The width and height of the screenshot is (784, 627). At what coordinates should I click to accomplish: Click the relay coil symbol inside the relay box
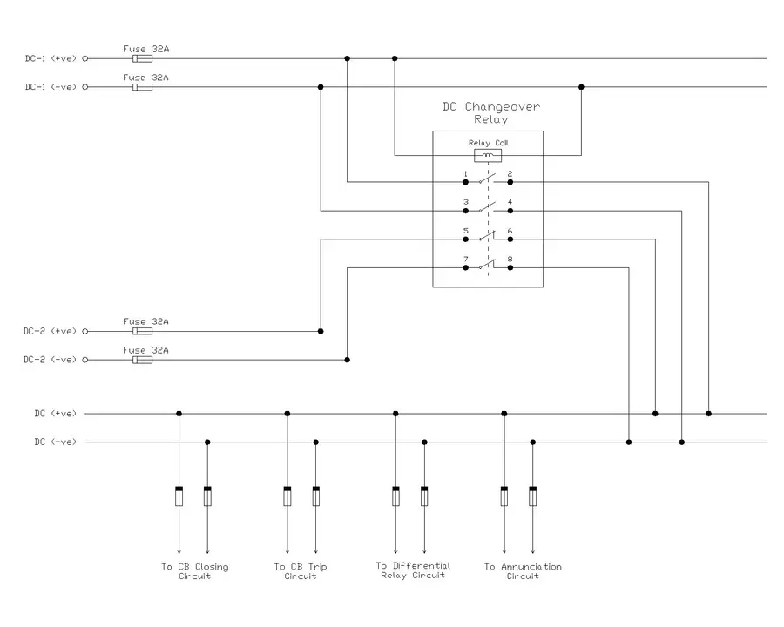(488, 156)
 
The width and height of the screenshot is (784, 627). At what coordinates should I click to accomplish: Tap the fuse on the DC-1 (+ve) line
(142, 58)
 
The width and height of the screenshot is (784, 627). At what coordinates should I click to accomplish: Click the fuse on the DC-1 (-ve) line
(142, 87)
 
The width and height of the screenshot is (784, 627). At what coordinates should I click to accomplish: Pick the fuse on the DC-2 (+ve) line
(142, 331)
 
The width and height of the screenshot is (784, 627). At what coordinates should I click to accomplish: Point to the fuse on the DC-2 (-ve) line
(142, 359)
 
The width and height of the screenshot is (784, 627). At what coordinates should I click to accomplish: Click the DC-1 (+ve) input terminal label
(51, 58)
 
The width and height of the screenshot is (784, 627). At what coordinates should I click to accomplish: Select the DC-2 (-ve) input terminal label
(51, 359)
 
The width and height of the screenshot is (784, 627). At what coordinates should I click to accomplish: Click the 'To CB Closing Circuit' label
(194, 571)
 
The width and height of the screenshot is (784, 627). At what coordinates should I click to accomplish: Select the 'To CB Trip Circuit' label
(301, 571)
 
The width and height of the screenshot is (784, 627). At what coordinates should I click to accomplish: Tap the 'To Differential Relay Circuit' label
(411, 570)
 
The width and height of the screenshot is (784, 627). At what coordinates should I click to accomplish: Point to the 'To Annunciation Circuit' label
(523, 571)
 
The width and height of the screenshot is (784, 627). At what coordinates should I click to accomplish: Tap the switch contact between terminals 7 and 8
(488, 266)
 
